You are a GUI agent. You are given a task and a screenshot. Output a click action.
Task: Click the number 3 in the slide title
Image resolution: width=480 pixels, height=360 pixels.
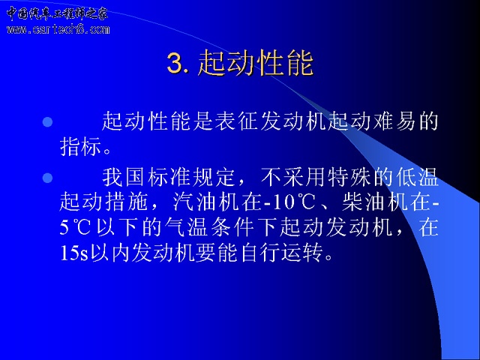point(175,63)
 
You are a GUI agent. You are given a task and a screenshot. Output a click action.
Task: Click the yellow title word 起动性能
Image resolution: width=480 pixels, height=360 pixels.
point(256,63)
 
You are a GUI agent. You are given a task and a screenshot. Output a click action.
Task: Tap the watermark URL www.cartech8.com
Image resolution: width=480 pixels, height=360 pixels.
point(58,29)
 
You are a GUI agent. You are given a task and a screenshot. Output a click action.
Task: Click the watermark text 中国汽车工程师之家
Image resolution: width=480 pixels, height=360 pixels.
point(57,13)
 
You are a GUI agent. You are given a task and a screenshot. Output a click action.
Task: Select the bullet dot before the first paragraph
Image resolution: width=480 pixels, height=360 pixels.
point(47,122)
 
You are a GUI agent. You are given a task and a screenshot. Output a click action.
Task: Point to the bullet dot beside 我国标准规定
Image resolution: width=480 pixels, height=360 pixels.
point(47,178)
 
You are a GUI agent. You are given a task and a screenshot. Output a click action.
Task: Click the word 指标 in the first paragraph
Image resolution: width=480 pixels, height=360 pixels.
point(80,146)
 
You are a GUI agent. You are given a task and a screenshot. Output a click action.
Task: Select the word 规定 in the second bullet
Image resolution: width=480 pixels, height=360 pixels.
point(213,177)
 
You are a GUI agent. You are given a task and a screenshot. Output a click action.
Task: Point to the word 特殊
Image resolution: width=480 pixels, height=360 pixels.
point(348,177)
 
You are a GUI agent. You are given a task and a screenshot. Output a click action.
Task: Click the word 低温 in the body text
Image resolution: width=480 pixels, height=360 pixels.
point(417,177)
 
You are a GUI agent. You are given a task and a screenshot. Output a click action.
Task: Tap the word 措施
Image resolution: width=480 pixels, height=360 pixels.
point(126,202)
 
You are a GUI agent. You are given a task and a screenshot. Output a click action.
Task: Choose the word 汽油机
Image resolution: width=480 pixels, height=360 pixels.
point(205,202)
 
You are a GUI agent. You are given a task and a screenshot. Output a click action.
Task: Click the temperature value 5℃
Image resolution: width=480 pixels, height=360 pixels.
point(75,228)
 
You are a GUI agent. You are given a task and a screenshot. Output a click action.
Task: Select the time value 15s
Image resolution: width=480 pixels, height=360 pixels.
point(74,253)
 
